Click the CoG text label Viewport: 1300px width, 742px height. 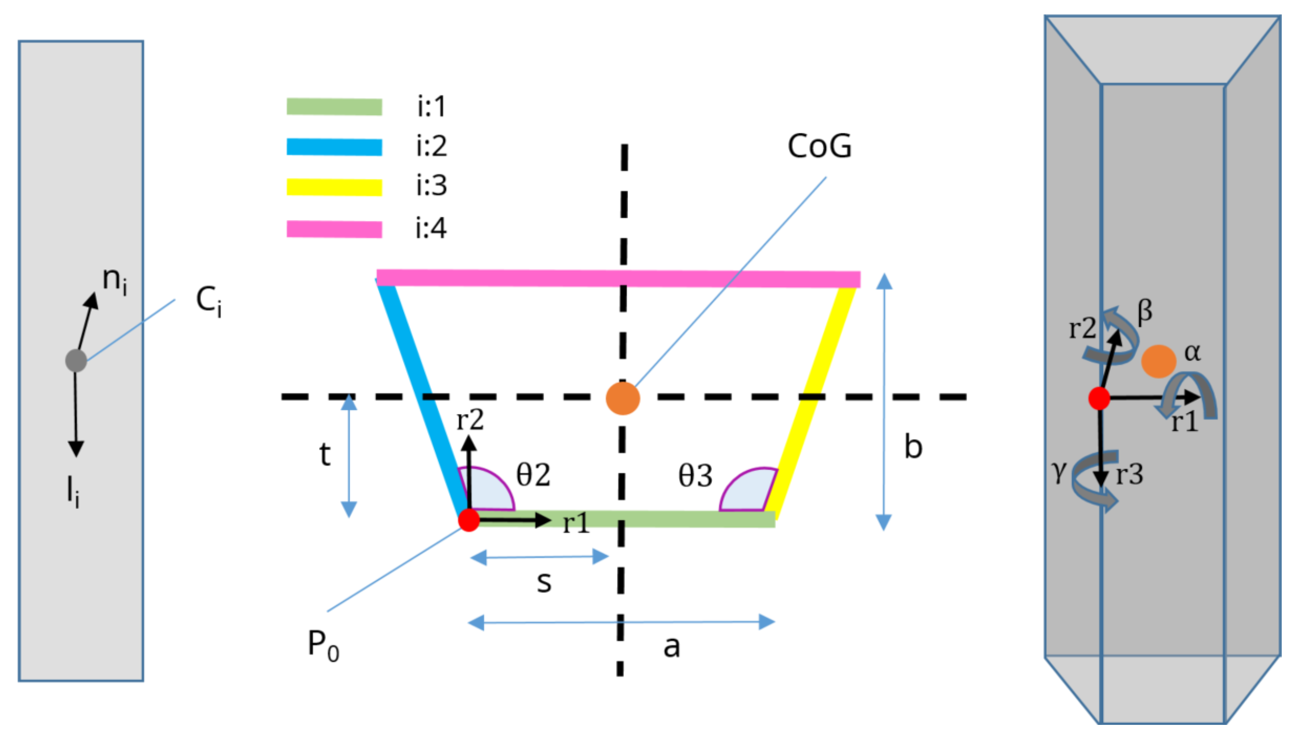819,146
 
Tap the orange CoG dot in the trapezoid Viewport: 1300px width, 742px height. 622,398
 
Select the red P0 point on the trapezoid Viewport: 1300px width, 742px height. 469,520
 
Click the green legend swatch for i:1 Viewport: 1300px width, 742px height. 334,106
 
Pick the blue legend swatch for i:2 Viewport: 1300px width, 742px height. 334,147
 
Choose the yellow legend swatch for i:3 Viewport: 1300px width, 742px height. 334,188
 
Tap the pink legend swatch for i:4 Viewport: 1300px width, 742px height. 334,229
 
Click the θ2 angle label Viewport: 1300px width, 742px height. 533,475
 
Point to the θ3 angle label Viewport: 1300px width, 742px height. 695,476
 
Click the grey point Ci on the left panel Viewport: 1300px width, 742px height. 76,360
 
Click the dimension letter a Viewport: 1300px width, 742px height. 672,647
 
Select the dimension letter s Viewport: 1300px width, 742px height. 544,582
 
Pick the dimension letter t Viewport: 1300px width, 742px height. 325,454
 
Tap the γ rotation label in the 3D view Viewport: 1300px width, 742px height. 1059,471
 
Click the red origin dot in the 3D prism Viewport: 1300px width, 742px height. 1099,398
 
